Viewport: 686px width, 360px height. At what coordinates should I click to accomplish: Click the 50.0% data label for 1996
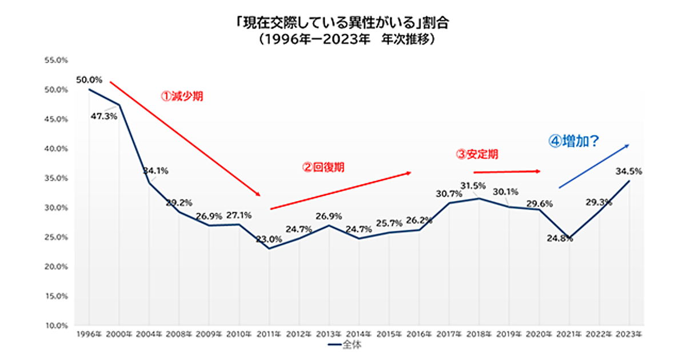click(89, 79)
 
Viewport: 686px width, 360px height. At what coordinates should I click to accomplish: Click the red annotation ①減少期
click(182, 97)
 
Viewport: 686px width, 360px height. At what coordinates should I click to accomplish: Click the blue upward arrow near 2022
click(594, 166)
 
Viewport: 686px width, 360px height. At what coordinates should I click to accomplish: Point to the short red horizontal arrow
click(506, 171)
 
